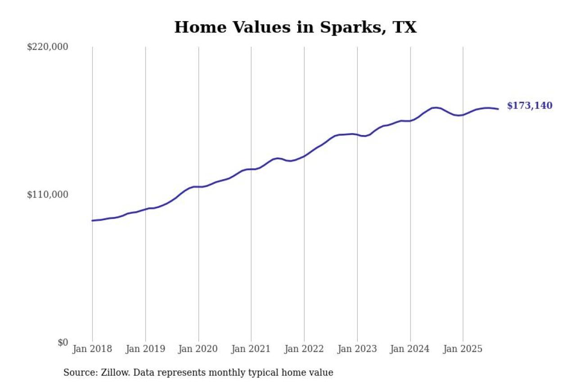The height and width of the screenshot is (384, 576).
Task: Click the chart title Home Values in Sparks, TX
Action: (295, 27)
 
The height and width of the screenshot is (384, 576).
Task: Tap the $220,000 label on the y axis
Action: (47, 47)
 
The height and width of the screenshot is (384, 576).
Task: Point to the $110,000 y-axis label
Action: (47, 194)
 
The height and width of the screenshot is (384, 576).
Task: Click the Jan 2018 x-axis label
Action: (92, 349)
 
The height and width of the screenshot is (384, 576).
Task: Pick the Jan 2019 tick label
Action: (145, 349)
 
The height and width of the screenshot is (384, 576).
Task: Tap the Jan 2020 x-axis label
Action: (198, 349)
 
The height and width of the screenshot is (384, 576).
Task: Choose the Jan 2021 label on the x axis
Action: (251, 349)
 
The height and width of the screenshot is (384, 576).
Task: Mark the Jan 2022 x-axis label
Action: (304, 349)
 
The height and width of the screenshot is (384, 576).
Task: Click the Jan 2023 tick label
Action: (357, 349)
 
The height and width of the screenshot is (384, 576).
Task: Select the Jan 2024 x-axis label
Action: (410, 349)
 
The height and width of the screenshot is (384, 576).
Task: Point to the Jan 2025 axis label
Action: (463, 349)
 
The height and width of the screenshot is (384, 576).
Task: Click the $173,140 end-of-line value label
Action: (530, 106)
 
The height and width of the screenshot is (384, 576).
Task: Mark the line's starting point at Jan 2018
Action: (92, 221)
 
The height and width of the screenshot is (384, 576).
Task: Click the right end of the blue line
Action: (498, 109)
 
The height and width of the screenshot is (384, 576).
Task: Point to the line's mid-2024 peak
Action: (435, 108)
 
